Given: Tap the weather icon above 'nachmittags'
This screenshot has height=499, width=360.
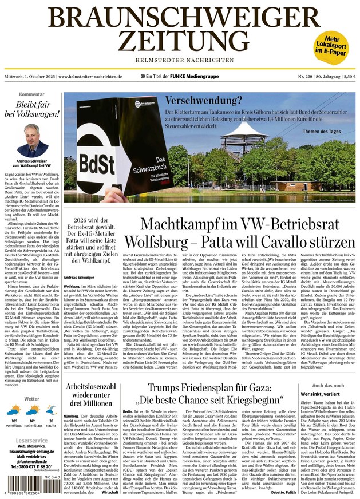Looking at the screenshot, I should click(33, 411).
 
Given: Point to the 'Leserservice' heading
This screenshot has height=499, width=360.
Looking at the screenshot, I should click(32, 441).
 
